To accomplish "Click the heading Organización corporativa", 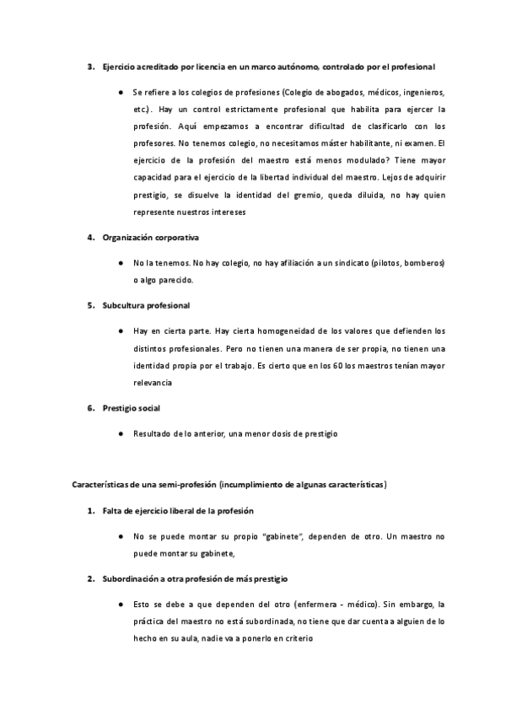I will click(x=150, y=238).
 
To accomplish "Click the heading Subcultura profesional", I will click(x=146, y=305).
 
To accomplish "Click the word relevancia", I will click(x=153, y=382).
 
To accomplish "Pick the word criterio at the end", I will click(x=294, y=638).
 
